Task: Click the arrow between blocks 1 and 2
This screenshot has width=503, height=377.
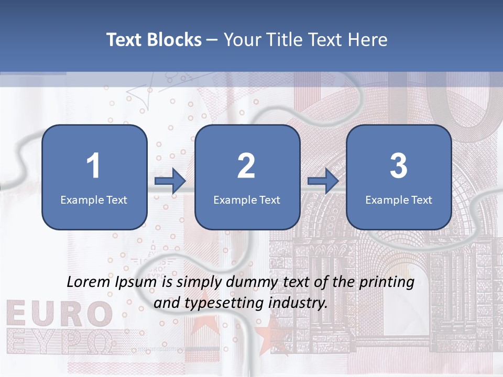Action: click(170, 181)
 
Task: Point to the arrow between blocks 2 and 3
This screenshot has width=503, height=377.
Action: click(323, 181)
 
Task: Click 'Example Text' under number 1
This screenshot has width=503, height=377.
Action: click(94, 199)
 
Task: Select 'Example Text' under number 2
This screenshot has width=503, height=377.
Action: click(247, 199)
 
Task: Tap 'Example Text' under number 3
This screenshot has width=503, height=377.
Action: click(399, 199)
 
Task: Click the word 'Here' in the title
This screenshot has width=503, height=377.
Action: click(368, 40)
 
